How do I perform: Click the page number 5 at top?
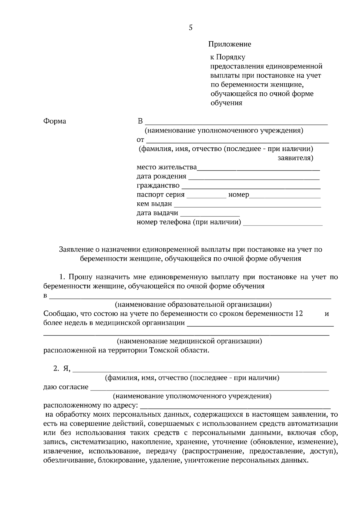190,28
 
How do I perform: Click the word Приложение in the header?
230,44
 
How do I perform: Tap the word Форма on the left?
55,121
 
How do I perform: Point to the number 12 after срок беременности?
299,314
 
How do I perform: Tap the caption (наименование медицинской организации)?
190,341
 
